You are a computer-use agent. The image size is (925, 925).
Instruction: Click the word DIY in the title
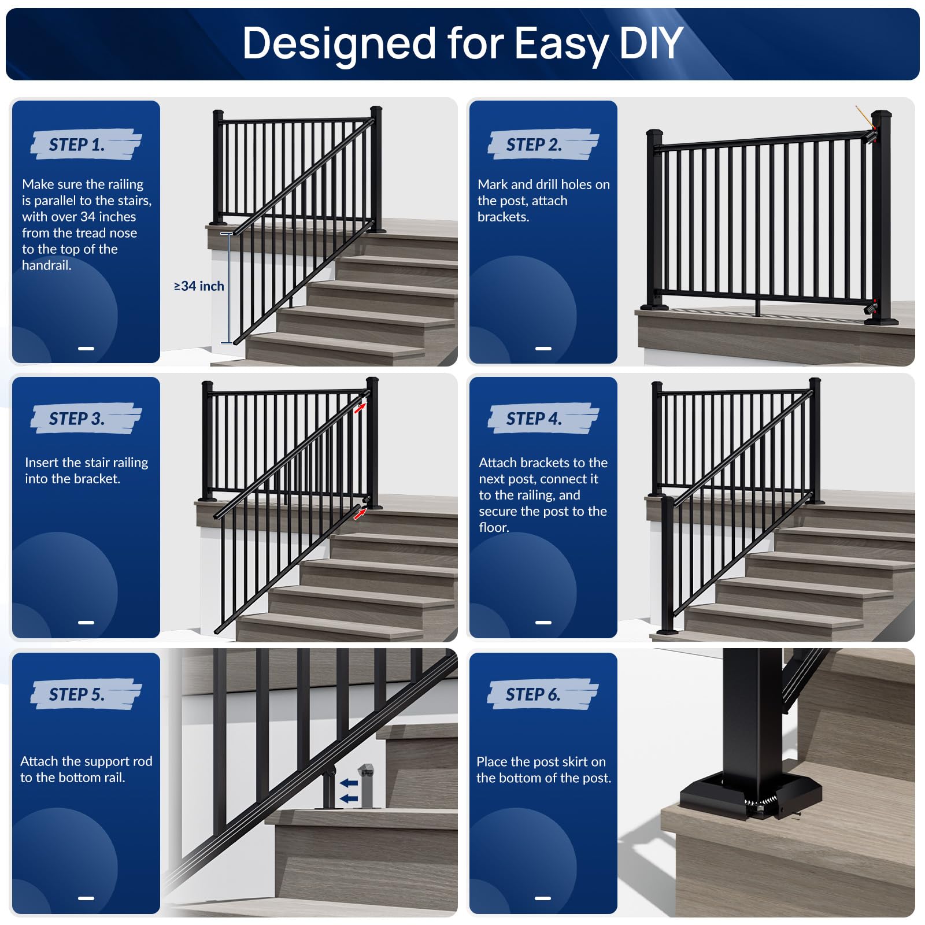click(x=650, y=43)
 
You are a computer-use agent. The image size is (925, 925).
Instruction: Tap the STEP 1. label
click(x=77, y=145)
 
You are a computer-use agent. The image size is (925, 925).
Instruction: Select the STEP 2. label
click(x=534, y=145)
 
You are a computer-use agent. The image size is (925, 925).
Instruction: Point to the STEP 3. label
click(x=77, y=419)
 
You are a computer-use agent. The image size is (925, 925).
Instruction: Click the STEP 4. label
click(x=534, y=419)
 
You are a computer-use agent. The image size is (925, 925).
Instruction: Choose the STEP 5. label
click(x=77, y=694)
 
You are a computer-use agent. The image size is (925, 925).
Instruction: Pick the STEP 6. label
click(x=533, y=694)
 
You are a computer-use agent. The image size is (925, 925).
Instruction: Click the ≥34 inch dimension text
click(x=199, y=286)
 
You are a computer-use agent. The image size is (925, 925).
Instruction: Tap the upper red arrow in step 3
click(x=360, y=408)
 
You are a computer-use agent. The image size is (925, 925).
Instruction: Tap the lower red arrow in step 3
click(x=360, y=513)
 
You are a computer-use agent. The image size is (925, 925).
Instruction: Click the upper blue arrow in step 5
click(x=349, y=783)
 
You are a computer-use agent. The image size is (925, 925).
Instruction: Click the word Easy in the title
click(x=561, y=44)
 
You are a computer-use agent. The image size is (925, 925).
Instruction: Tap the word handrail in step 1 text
click(x=46, y=265)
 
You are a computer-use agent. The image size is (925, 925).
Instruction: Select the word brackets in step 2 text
click(x=502, y=217)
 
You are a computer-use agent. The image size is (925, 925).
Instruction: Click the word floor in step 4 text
click(x=493, y=527)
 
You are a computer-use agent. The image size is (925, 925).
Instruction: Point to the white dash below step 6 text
click(x=543, y=898)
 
